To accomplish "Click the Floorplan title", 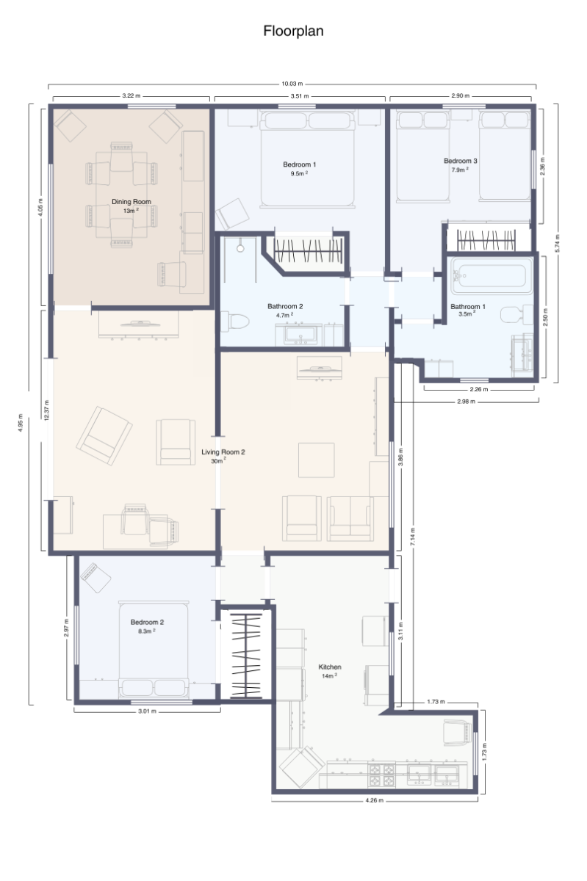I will [293, 32].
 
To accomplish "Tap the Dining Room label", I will [131, 201].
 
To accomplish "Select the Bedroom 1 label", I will [299, 164].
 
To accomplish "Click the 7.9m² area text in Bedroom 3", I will [460, 170].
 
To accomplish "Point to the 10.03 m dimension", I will [292, 84].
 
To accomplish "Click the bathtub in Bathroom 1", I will [489, 276].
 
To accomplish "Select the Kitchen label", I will [329, 667].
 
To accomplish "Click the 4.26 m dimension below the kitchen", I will [375, 800].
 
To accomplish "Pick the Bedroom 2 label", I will [147, 622].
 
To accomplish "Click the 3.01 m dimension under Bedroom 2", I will [146, 711].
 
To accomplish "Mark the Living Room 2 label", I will [223, 452].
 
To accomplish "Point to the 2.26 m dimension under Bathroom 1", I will [478, 389].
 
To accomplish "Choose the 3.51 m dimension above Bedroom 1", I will [298, 96].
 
